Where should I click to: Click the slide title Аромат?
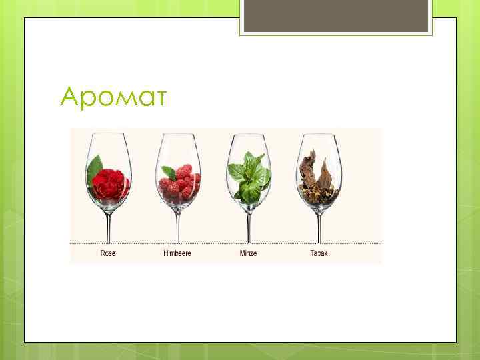click(114, 97)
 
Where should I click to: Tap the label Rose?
click(107, 253)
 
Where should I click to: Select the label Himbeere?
click(177, 253)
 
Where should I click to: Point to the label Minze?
click(248, 253)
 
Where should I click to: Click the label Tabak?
click(319, 253)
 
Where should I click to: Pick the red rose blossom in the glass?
click(109, 185)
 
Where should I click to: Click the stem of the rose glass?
click(107, 223)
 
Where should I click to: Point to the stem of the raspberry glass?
click(177, 223)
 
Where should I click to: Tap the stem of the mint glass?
click(248, 223)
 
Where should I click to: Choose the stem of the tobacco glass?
click(319, 223)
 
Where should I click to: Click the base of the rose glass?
click(107, 242)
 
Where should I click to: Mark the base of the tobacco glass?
click(319, 242)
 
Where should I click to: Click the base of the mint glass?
click(248, 242)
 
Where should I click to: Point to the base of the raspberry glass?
click(177, 242)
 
